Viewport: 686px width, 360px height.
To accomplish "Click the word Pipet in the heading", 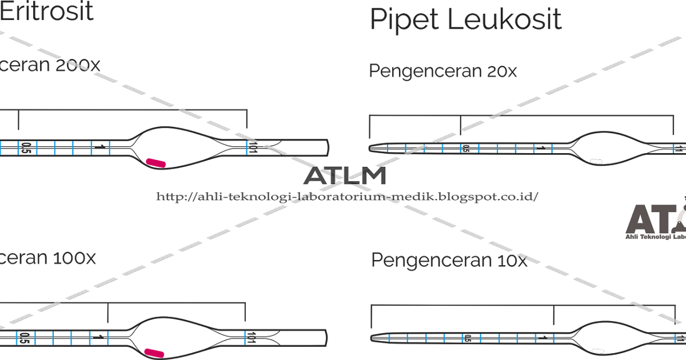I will coord(403,21).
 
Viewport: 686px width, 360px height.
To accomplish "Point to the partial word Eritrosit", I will coord(46,11).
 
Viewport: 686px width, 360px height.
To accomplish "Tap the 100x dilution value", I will coord(74,258).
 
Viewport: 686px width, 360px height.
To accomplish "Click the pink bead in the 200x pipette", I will coord(156,163).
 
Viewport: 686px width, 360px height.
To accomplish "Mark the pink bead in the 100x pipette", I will coord(154,353).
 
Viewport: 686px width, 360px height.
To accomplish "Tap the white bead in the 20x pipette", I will coord(597,162).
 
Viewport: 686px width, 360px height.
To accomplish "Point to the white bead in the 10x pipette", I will coord(599,350).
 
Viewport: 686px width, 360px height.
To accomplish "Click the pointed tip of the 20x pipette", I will coord(372,149).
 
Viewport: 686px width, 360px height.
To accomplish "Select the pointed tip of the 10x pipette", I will coord(373,338).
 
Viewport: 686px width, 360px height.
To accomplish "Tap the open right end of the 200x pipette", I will coord(328,147).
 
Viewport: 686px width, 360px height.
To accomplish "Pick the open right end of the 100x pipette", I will coord(326,337).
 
